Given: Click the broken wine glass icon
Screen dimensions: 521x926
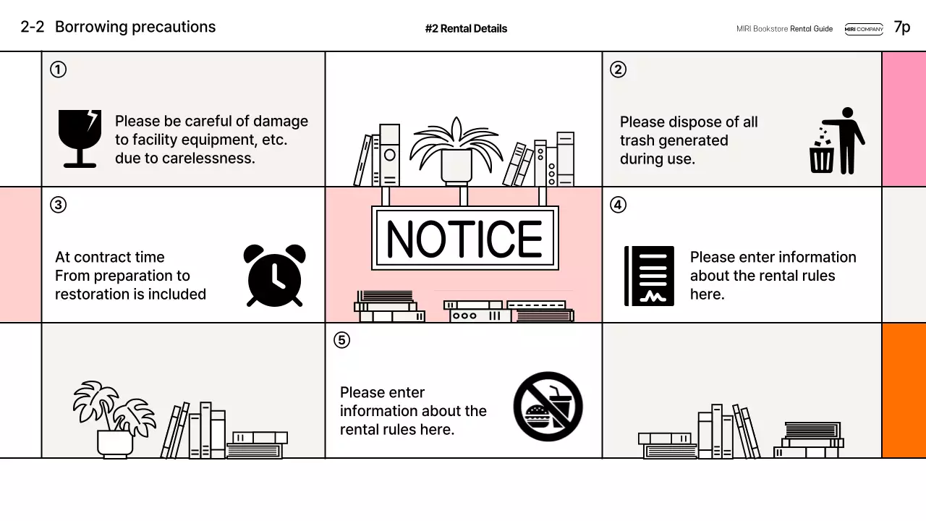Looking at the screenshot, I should pyautogui.click(x=80, y=138).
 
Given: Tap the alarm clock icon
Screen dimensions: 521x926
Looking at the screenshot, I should pyautogui.click(x=275, y=275).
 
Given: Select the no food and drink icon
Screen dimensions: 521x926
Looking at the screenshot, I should pyautogui.click(x=548, y=407).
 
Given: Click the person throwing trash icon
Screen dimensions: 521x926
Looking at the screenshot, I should pyautogui.click(x=837, y=140).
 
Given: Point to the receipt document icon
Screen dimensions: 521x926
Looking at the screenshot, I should pyautogui.click(x=649, y=276).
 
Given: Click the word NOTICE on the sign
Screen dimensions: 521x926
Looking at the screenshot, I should pyautogui.click(x=464, y=239).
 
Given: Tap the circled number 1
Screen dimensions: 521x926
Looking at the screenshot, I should pyautogui.click(x=58, y=69).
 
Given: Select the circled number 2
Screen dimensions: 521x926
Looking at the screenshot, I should pyautogui.click(x=618, y=69).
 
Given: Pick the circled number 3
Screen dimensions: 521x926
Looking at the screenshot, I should pyautogui.click(x=58, y=205).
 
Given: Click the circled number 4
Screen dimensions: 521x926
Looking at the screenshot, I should pyautogui.click(x=618, y=205).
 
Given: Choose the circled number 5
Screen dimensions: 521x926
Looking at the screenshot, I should pyautogui.click(x=341, y=340).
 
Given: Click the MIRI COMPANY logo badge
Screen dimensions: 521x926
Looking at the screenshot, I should pyautogui.click(x=864, y=29).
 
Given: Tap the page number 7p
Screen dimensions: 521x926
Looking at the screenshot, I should pyautogui.click(x=902, y=27).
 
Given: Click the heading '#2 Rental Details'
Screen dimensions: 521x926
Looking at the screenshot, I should pyautogui.click(x=466, y=29).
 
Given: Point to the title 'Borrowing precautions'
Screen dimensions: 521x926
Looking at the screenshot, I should pyautogui.click(x=135, y=27).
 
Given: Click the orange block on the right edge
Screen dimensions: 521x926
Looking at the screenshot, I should pyautogui.click(x=904, y=390).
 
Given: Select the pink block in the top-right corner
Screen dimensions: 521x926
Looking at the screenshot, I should pyautogui.click(x=904, y=119).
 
